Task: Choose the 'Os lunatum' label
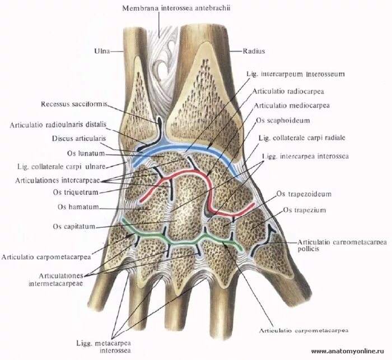coord(90,152)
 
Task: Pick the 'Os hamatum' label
coord(78,207)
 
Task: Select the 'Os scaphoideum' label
coord(282,120)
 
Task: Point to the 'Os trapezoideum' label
coord(304,194)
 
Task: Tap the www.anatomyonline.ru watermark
coord(350,352)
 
